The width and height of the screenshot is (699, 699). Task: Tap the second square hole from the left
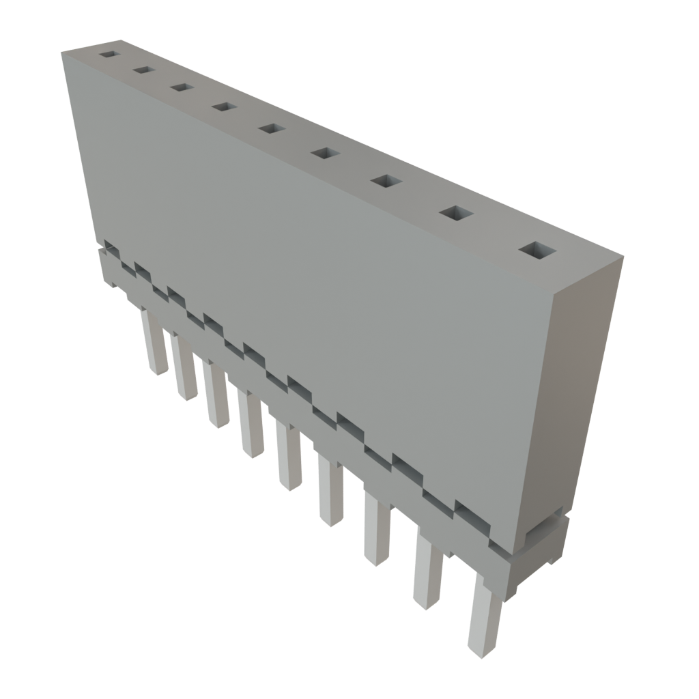click(x=143, y=70)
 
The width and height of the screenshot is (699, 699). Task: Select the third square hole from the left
click(x=181, y=87)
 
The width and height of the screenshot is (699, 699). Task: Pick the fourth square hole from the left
click(x=223, y=106)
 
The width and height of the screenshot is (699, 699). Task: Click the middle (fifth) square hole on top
click(x=271, y=128)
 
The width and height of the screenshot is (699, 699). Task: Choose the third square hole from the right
click(x=386, y=181)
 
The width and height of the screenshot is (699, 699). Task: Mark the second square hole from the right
click(x=456, y=213)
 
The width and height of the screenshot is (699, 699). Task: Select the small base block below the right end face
click(x=546, y=543)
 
